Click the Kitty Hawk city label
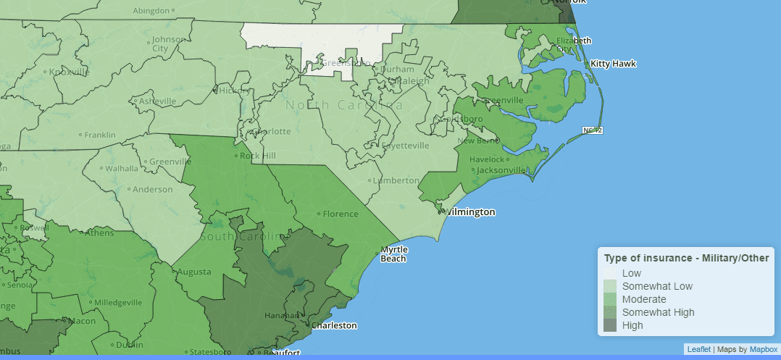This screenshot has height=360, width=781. [x=613, y=64]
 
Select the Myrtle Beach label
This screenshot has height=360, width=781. [x=394, y=254]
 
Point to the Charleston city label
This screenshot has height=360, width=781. [x=333, y=325]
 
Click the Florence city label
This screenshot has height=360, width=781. [x=341, y=214]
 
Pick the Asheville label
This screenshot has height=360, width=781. [x=157, y=101]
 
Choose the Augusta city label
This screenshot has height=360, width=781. [x=195, y=272]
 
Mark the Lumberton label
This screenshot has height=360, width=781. [x=395, y=180]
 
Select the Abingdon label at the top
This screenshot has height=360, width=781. [x=151, y=11]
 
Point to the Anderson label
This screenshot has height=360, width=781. [x=153, y=190]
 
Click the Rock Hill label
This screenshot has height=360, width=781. [x=258, y=156]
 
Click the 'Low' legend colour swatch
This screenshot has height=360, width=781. [x=611, y=273]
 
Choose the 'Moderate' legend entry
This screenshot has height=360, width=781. [x=643, y=299]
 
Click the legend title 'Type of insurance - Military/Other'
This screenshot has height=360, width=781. [x=686, y=258]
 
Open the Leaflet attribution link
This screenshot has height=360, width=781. [x=698, y=349]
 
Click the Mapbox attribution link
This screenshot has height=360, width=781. [x=762, y=349]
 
